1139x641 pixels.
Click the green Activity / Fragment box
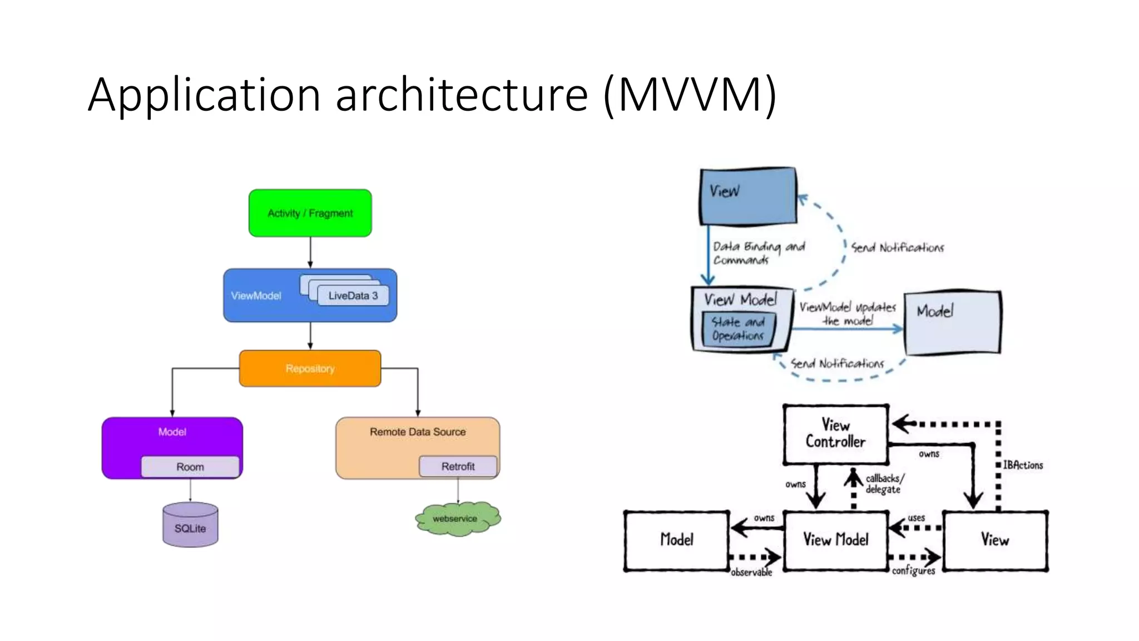[x=310, y=213]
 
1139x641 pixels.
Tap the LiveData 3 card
[x=353, y=295]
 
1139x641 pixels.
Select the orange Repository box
[x=310, y=368]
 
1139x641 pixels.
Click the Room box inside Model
[x=190, y=467]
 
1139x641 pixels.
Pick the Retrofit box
[x=458, y=466]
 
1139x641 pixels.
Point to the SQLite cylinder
[x=190, y=526]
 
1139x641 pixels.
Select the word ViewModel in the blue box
[x=256, y=295]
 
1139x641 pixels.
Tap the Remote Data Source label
[x=418, y=432]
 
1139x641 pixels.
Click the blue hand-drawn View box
[x=748, y=196]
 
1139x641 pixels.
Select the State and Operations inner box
[x=738, y=329]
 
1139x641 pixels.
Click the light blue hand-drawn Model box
[x=952, y=323]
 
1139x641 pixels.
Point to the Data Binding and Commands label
[x=758, y=253]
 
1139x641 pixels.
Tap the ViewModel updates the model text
[x=848, y=314]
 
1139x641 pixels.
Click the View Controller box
[x=835, y=434]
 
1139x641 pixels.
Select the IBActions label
[x=1023, y=465]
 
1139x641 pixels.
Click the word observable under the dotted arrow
[x=751, y=573]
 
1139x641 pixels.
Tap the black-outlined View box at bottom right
[x=995, y=540]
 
